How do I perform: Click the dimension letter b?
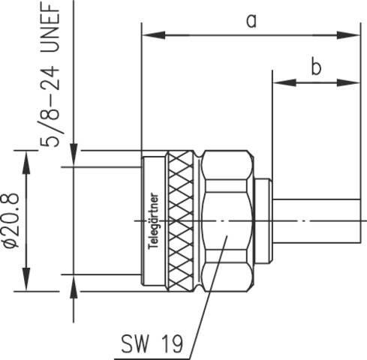tap(316, 67)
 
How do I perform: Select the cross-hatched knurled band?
tap(182, 220)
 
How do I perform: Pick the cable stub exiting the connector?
tap(315, 220)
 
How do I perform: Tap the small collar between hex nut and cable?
tap(262, 220)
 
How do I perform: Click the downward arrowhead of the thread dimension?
tap(73, 158)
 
